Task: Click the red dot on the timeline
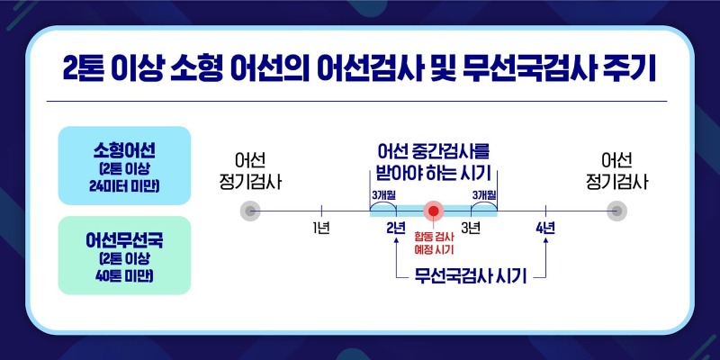coord(434,211)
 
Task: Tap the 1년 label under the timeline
coord(321,228)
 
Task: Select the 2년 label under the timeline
coord(396,228)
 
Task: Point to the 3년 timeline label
coord(471,228)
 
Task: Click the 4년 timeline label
coord(545,228)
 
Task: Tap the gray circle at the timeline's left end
coord(250,211)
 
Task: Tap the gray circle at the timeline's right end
coord(616,211)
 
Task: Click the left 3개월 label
coord(383,194)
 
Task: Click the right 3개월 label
coord(484,194)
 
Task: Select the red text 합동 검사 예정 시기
coord(434,243)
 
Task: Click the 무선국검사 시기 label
coord(470,276)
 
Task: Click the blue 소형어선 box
coord(124,166)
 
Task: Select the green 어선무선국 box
coord(124,256)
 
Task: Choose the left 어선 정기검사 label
coord(250,172)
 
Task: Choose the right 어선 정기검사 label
coord(616,172)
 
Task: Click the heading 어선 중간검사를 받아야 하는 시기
coord(434,164)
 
